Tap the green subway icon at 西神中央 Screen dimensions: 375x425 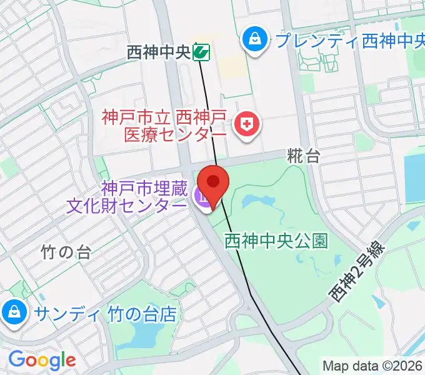(201, 52)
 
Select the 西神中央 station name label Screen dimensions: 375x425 (158, 52)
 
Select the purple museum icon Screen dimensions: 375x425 (203, 197)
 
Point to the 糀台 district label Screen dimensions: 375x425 (304, 156)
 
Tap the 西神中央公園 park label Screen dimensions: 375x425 (276, 239)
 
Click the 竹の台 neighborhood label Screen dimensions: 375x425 (66, 252)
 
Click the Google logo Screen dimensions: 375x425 (42, 359)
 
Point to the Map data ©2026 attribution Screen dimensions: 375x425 (372, 366)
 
